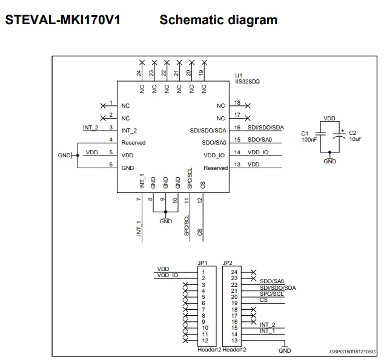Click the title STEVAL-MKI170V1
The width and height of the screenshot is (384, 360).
point(63,20)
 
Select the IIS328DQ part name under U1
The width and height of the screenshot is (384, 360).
point(247,82)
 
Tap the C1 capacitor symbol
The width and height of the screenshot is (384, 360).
point(320,134)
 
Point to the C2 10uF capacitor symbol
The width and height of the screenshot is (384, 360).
point(339,136)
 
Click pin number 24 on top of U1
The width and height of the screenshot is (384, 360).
point(139,73)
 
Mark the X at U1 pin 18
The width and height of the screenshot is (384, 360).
point(248,106)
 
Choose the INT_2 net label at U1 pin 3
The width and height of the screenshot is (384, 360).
point(91,128)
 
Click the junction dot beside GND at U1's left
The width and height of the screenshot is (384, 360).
point(78,155)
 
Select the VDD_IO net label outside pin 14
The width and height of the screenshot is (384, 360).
point(258,152)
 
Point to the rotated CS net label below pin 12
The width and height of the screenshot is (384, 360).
point(200,232)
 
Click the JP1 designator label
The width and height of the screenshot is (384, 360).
point(202,263)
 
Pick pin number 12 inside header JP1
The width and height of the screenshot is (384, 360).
point(205,341)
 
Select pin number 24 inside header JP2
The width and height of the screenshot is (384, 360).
point(234,272)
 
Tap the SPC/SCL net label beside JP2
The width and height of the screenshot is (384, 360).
point(271,293)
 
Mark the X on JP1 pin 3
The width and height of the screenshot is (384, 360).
point(185,285)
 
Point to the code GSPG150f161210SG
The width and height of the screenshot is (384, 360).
point(353,352)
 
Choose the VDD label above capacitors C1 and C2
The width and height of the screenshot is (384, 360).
point(329,119)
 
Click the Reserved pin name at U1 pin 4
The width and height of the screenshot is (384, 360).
point(133,143)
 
